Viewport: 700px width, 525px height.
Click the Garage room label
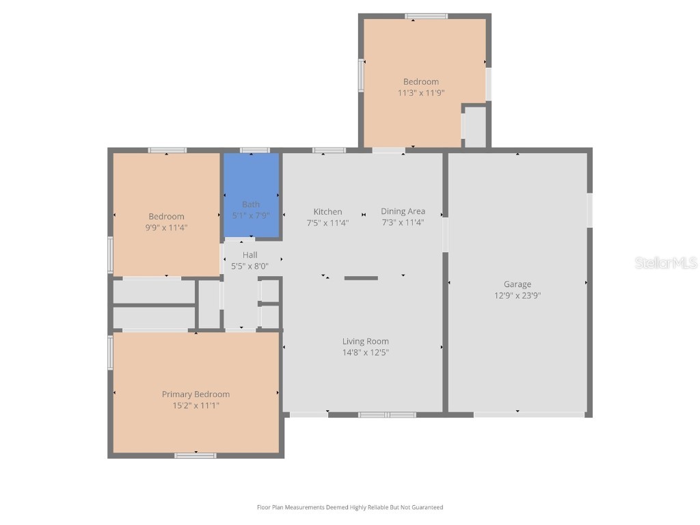(517, 284)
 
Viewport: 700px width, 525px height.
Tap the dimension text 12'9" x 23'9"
(517, 296)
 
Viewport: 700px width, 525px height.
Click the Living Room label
(365, 341)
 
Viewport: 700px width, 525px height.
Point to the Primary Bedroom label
(196, 394)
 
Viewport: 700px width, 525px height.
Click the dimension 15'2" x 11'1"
(196, 405)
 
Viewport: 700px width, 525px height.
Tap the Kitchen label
(327, 211)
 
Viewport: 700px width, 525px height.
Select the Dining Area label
(403, 211)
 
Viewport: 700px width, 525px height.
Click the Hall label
(250, 255)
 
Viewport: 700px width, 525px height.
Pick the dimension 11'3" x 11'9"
(421, 92)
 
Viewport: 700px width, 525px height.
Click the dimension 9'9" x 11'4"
(166, 228)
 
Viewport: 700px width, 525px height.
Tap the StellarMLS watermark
(665, 262)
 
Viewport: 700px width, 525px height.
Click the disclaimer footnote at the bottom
(350, 507)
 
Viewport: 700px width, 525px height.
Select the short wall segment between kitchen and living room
(361, 278)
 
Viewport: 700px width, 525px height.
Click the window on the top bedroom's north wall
(426, 16)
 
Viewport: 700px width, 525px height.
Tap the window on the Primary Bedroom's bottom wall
(196, 455)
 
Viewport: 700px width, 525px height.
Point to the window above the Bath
(254, 150)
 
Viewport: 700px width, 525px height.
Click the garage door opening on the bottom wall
(529, 414)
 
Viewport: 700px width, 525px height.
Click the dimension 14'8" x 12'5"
(365, 353)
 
